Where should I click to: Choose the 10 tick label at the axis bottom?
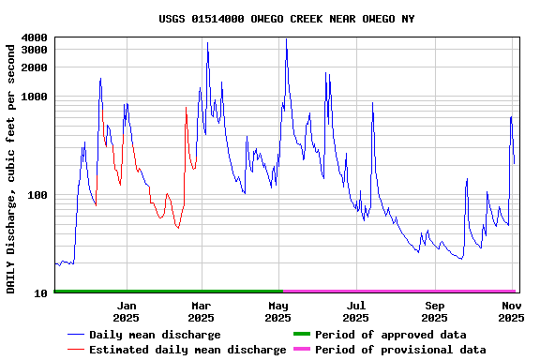click(x=40, y=293)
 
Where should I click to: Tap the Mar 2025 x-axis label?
click(x=202, y=311)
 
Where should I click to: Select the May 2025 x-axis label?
click(x=278, y=311)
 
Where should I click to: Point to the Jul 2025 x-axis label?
click(x=356, y=311)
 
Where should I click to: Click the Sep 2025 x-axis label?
click(x=434, y=311)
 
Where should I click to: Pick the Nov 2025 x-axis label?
click(x=511, y=311)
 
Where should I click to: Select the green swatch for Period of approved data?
click(x=301, y=335)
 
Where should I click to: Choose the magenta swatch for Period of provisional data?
click(x=301, y=350)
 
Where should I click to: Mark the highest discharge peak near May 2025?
click(x=286, y=39)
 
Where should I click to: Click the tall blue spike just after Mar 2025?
click(x=207, y=43)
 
